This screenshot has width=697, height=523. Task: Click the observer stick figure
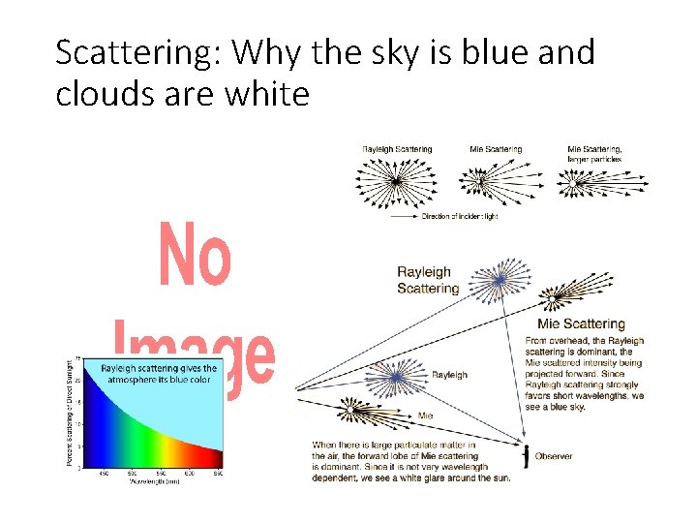pos(526,456)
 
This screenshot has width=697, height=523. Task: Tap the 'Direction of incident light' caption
pos(459,216)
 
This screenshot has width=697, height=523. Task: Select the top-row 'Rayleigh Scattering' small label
pos(397,149)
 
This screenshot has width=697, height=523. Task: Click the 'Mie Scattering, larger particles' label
pos(594,153)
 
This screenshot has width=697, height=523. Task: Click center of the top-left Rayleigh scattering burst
pos(396,182)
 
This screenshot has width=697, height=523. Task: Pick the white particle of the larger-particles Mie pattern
pos(578,180)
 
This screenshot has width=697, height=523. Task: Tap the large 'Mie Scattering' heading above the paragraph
pos(581,324)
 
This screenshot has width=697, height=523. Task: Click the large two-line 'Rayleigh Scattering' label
pos(428,281)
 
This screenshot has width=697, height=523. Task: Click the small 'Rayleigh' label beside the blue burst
pos(448,375)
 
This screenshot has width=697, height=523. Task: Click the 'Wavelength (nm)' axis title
pos(153,480)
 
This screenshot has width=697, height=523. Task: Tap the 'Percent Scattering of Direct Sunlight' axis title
pos(70,412)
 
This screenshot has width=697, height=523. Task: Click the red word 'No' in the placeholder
pos(196,256)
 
